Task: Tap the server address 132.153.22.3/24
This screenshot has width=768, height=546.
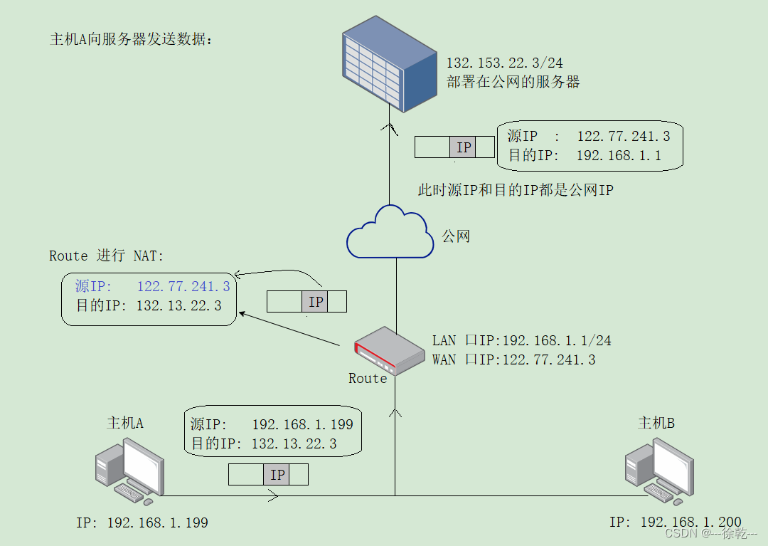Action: coord(504,63)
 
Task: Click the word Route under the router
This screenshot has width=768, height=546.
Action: coord(368,379)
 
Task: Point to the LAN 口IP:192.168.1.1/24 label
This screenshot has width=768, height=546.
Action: coord(521,340)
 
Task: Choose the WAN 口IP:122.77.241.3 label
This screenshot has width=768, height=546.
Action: coord(513,359)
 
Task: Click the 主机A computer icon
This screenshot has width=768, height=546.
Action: coord(130,468)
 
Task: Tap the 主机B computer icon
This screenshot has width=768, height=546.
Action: coord(658,468)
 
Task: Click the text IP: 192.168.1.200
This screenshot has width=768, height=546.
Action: coord(675,523)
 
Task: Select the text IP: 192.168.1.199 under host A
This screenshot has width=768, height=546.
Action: coord(142,523)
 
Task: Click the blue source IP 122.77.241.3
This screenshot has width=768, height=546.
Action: coord(183,286)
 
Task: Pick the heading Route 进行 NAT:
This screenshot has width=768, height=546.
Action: coord(107,256)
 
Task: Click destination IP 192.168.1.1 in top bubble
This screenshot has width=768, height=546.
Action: coord(618,155)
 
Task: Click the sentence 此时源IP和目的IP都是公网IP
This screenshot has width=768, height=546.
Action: coord(515,190)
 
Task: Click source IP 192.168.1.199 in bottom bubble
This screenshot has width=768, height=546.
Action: coord(302,425)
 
